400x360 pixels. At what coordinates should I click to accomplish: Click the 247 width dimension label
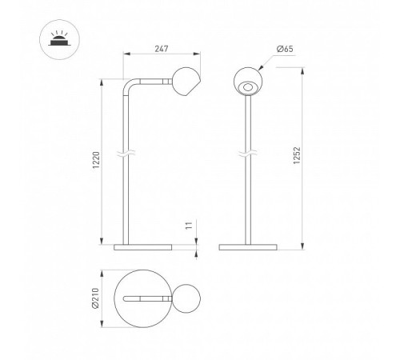(x=162, y=49)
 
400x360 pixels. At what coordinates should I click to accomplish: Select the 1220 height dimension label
(x=96, y=160)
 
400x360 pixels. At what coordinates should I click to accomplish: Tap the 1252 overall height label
(x=297, y=155)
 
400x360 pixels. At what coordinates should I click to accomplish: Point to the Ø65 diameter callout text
(x=285, y=49)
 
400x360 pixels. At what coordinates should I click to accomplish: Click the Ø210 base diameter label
(x=95, y=298)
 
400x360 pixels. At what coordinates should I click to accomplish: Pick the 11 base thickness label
(x=189, y=226)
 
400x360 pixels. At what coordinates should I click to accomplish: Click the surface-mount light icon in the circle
(x=59, y=39)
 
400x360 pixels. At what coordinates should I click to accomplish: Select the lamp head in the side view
(x=186, y=82)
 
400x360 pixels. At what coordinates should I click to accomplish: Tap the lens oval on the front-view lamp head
(x=248, y=87)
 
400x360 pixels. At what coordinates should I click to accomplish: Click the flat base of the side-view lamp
(x=143, y=247)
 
